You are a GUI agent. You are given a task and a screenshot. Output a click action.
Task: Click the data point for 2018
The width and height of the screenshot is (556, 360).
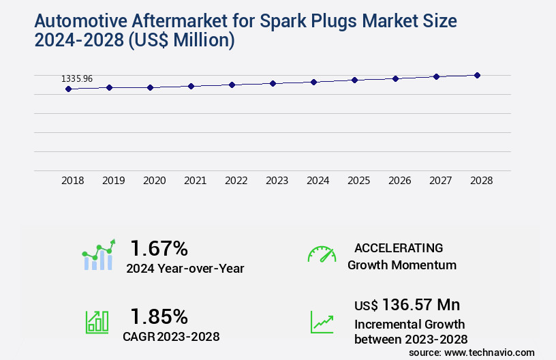pos(68,89)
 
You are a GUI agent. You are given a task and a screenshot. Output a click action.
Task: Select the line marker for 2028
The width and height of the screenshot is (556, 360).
pos(477,75)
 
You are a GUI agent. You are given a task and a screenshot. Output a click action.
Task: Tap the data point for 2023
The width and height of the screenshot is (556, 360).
pos(273,83)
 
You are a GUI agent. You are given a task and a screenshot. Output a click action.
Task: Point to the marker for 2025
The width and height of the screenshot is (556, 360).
pos(354,80)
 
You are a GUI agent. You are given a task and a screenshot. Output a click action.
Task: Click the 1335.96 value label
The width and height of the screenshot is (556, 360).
pos(77,79)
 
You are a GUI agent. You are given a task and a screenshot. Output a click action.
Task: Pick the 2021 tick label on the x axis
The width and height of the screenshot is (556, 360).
pos(196,181)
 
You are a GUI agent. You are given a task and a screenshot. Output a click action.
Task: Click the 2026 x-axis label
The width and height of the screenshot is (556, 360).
pos(400,181)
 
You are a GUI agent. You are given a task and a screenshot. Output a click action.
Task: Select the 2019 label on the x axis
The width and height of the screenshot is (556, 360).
pos(114,181)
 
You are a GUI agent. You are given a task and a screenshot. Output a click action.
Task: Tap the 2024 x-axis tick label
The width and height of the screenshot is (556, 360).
pos(318,181)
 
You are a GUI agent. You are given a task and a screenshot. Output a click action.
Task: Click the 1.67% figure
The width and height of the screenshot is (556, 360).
pos(159,248)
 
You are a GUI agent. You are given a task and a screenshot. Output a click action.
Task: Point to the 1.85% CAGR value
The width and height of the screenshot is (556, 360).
pos(159,316)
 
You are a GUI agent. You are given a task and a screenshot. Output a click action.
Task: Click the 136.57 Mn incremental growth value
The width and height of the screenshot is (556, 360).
pos(420,304)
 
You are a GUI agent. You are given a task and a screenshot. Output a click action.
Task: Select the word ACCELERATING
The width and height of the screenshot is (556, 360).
pos(399,248)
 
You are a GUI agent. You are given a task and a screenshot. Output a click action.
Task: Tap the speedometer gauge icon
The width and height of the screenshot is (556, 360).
pos(322,254)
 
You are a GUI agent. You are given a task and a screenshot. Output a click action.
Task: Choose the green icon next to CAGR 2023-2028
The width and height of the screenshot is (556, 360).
pos(97,322)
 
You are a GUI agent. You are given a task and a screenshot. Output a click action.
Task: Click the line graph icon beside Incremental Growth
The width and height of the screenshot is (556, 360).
pos(322,322)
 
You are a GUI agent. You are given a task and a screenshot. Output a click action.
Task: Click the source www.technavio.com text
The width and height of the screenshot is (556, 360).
pos(472,352)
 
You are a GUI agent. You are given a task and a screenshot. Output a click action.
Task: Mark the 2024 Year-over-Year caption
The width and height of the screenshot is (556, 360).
pos(185,269)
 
